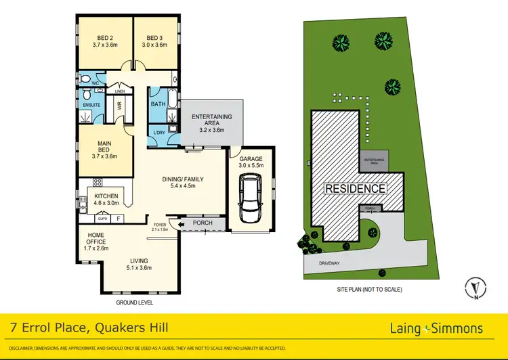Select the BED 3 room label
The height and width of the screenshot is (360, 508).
pos(154,38)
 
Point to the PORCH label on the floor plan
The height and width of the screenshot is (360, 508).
pos(202,222)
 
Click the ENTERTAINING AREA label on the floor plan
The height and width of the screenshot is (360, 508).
pos(211,120)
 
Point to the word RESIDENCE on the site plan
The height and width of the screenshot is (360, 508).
pos(356,188)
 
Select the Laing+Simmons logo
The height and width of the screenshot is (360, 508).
pos(437,328)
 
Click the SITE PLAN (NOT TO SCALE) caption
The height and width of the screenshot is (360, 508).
pos(369,290)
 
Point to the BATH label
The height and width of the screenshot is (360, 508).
pos(158,104)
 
